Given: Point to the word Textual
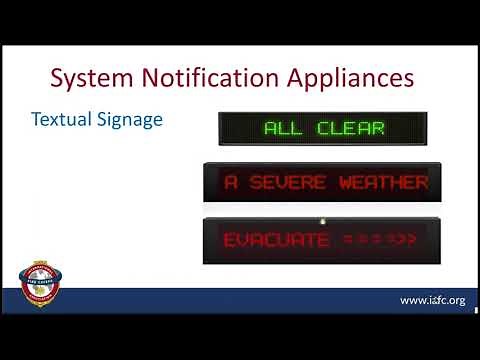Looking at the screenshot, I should point(57,119).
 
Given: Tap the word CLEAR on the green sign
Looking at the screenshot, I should point(350,128).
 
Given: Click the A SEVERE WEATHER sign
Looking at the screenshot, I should point(317,183).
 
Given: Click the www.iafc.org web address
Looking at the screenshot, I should point(432,300).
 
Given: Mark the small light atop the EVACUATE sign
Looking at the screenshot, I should point(322,219).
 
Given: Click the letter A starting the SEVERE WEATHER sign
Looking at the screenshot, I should point(231,183).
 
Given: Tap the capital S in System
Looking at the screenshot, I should point(57,77).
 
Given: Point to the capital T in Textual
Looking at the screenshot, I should point(36,119).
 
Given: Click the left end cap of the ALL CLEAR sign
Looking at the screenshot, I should point(223,128).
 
